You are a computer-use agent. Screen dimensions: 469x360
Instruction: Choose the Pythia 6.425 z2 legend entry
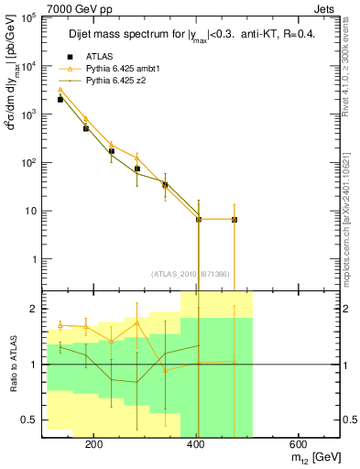pos(115,81)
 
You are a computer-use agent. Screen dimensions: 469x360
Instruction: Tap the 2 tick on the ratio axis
pos(34,309)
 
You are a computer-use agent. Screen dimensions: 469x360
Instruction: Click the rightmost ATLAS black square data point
pos(235,220)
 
